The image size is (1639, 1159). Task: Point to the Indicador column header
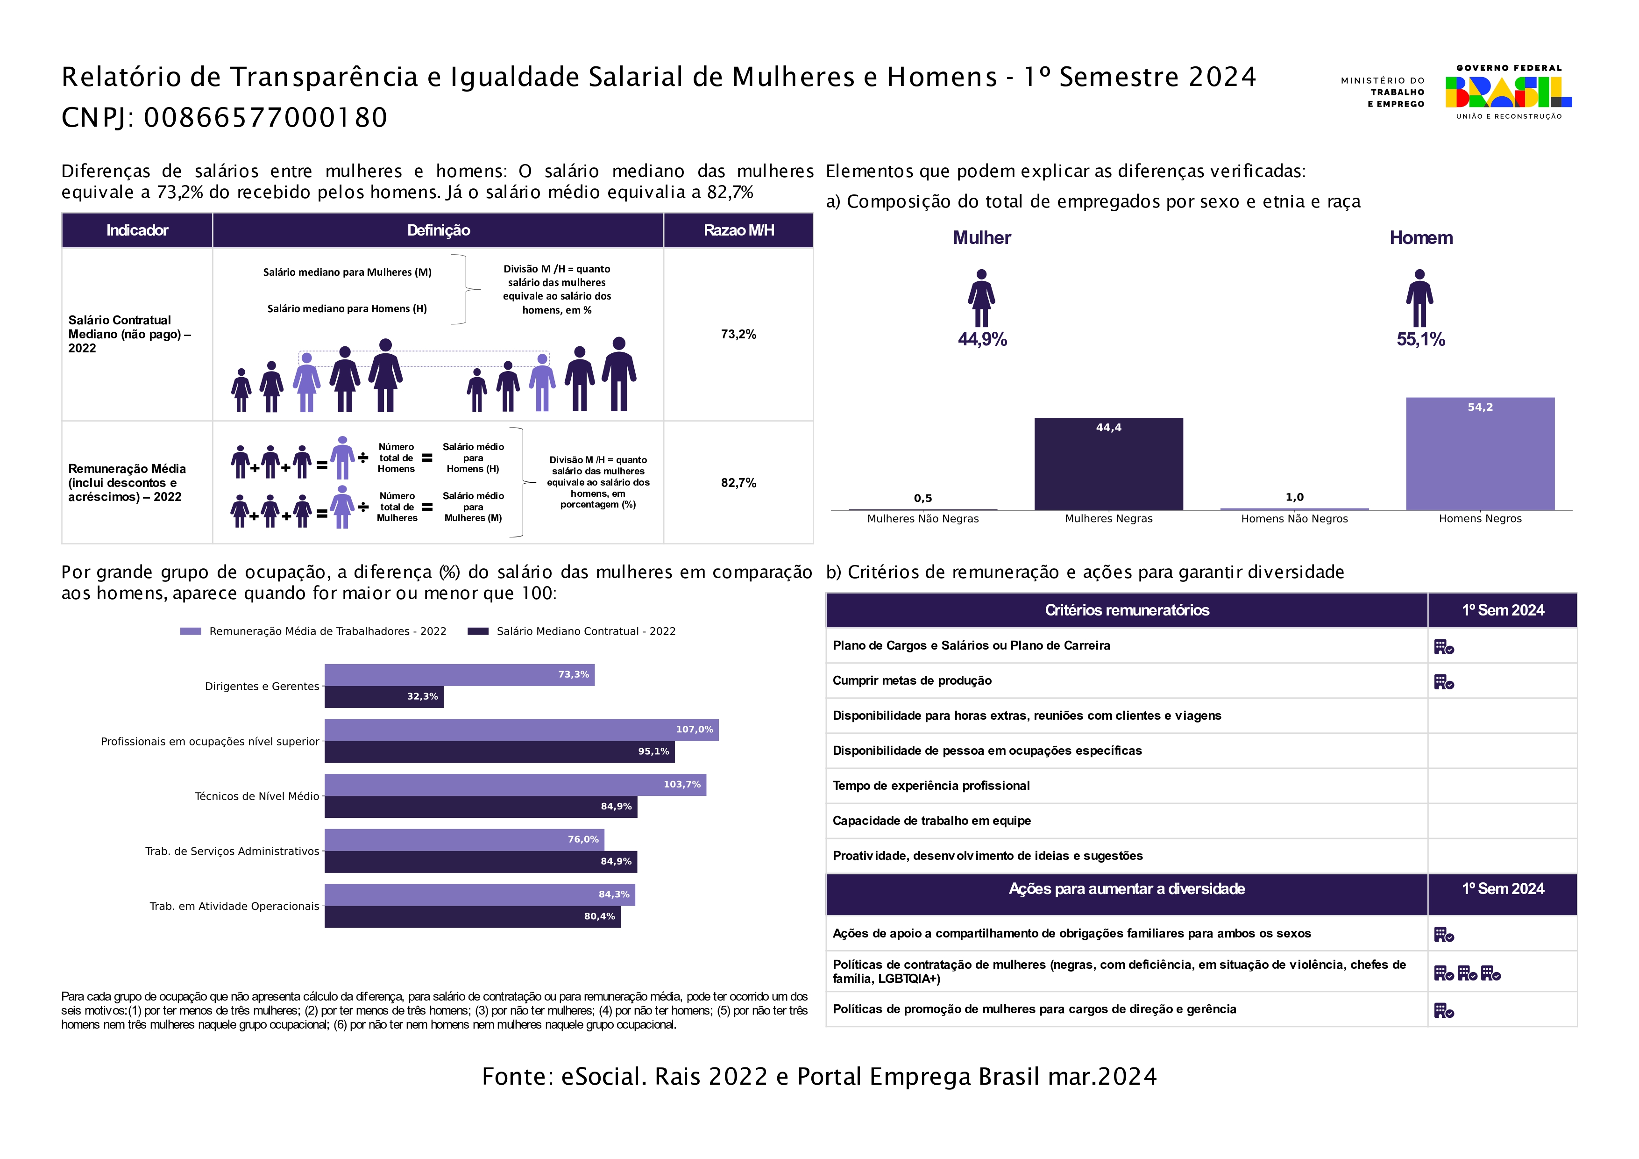pos(137,230)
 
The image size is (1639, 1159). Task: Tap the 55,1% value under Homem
pos(1420,339)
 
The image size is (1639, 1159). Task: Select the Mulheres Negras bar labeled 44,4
pos(1108,464)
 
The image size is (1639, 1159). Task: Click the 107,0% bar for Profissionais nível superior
pos(521,730)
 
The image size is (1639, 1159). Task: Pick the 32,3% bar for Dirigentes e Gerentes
pos(383,697)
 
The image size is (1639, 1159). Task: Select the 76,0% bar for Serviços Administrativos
pos(464,840)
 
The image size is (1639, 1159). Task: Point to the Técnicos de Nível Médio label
pos(256,796)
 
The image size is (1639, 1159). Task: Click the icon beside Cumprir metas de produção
pos(1443,682)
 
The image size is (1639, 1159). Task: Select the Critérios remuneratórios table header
pos(1127,610)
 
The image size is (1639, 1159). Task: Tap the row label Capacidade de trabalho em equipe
pos(931,821)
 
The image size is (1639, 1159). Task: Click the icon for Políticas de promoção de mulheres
pos(1443,1010)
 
